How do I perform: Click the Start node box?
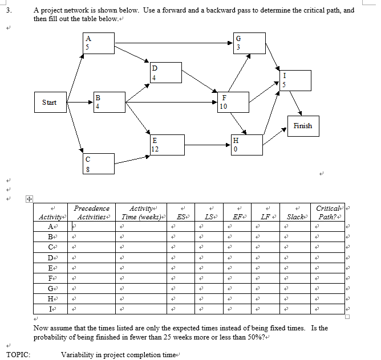pyautogui.click(x=50, y=103)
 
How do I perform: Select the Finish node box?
pyautogui.click(x=303, y=126)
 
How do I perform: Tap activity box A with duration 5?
pyautogui.click(x=98, y=43)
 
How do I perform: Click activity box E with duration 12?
pyautogui.click(x=167, y=145)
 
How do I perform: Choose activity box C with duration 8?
pyautogui.click(x=98, y=163)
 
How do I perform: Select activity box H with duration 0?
pyautogui.click(x=247, y=145)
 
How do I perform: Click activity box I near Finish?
pyautogui.click(x=295, y=80)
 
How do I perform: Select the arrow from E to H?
pyautogui.click(x=208, y=145)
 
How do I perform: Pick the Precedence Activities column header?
pyautogui.click(x=92, y=212)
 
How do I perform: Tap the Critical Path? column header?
pyautogui.click(x=329, y=212)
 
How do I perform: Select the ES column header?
pyautogui.click(x=180, y=217)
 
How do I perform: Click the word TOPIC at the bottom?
pyautogui.click(x=18, y=354)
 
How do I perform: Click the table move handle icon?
pyautogui.click(x=29, y=200)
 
